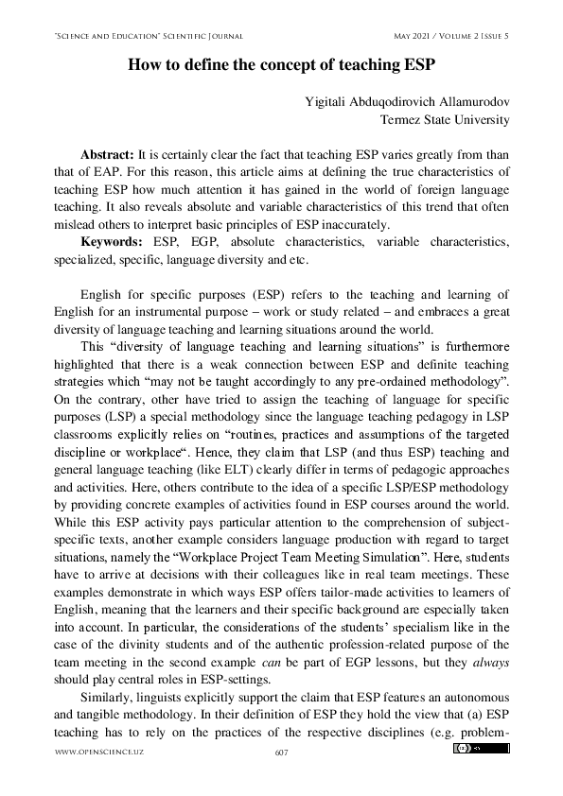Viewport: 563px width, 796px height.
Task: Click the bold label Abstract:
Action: point(108,153)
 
